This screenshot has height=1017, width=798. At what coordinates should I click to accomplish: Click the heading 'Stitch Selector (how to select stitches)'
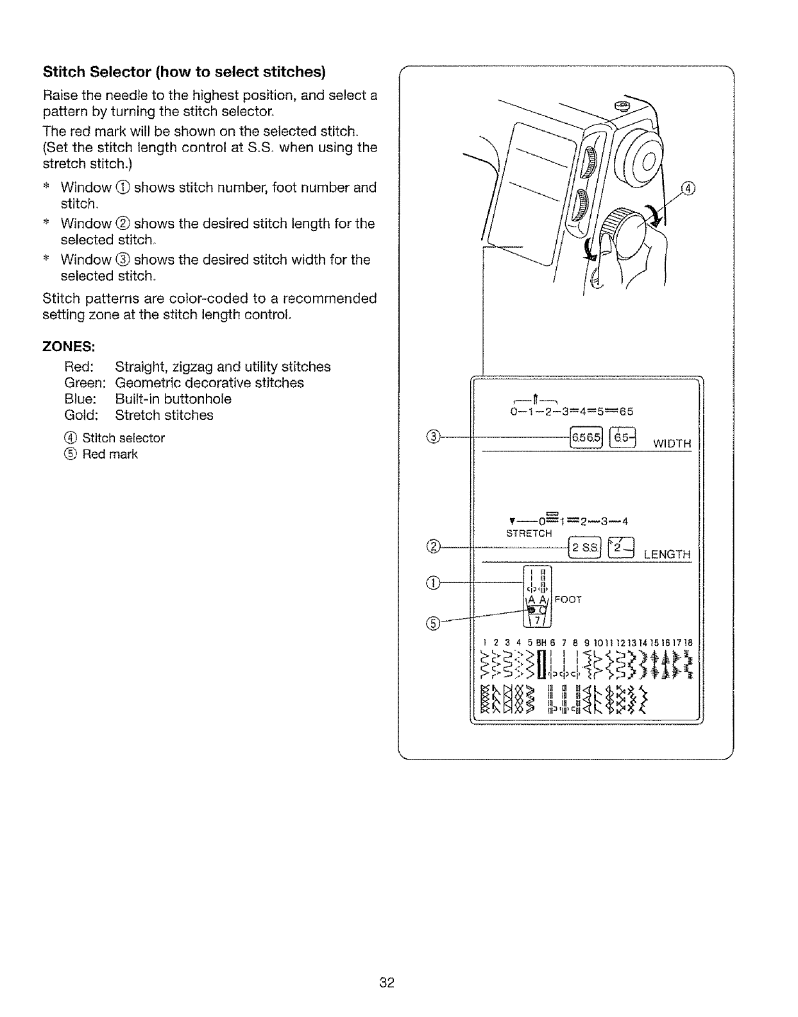pyautogui.click(x=184, y=70)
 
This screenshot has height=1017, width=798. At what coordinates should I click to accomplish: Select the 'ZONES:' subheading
pyautogui.click(x=69, y=347)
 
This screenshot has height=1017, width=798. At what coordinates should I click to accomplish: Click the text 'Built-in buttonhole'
pyautogui.click(x=173, y=399)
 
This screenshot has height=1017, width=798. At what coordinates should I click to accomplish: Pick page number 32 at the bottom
pyautogui.click(x=386, y=982)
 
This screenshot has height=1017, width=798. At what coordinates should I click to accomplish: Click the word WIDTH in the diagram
pyautogui.click(x=672, y=444)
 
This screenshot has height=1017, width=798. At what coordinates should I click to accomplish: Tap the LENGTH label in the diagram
pyautogui.click(x=667, y=554)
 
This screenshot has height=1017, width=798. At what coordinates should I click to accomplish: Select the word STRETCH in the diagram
pyautogui.click(x=529, y=534)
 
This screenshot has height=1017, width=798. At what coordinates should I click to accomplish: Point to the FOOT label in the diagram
pyautogui.click(x=568, y=600)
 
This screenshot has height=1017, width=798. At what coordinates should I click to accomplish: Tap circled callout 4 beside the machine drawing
pyautogui.click(x=688, y=188)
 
